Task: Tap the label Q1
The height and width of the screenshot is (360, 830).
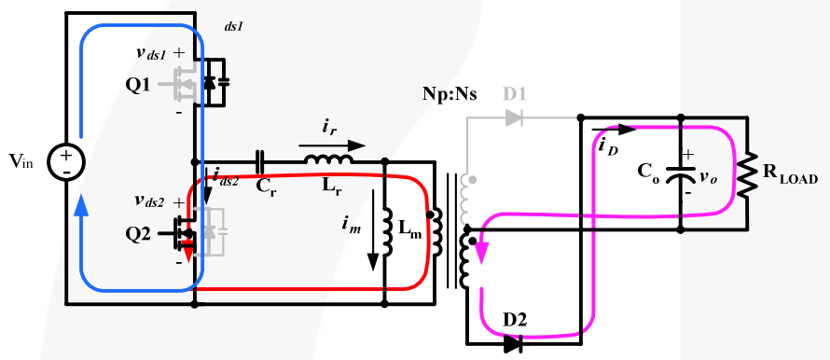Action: click(137, 84)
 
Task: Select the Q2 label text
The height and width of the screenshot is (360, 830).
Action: click(137, 234)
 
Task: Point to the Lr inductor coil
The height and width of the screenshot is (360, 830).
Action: click(328, 161)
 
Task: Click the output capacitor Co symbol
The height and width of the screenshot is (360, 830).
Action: click(682, 176)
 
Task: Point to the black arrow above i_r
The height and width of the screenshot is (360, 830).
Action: click(331, 145)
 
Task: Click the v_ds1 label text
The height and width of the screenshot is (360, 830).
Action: click(151, 55)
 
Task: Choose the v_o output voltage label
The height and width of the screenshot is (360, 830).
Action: click(712, 175)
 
